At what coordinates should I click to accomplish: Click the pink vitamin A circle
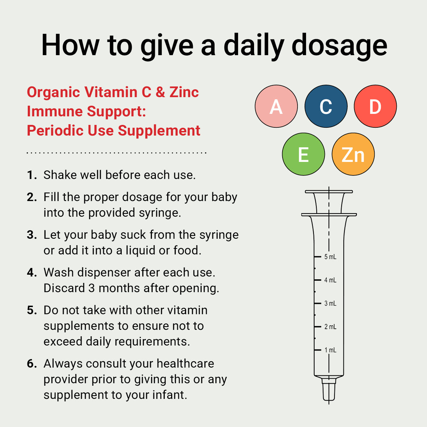click(276, 106)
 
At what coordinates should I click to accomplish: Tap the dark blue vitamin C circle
click(326, 106)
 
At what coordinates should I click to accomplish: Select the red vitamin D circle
click(375, 106)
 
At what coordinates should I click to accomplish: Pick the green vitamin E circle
click(304, 154)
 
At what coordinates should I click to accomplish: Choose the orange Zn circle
click(353, 154)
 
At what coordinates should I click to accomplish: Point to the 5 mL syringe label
click(330, 257)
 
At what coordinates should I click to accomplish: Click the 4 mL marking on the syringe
click(330, 280)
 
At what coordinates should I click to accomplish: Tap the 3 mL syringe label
click(330, 303)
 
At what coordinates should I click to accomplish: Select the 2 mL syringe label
click(330, 326)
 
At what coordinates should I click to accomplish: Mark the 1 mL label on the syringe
click(330, 350)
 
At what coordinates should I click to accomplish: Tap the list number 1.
click(32, 175)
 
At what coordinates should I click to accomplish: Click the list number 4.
click(32, 272)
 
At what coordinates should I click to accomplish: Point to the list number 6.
click(32, 363)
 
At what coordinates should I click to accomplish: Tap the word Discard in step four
click(64, 288)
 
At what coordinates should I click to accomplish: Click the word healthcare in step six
click(185, 363)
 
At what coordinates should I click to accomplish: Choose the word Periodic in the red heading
click(55, 130)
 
